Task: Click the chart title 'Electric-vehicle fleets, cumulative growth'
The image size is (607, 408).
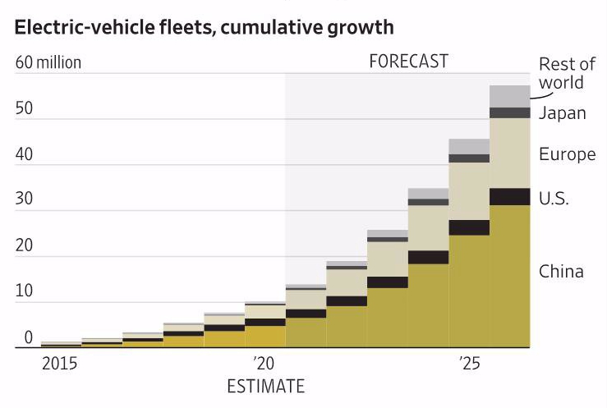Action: click(x=204, y=27)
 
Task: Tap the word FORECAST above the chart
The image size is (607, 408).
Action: click(x=408, y=62)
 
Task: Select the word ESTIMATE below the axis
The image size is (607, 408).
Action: click(x=264, y=385)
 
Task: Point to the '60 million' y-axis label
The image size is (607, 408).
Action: click(x=48, y=62)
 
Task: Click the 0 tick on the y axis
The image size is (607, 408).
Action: click(x=28, y=337)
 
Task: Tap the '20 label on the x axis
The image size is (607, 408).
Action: click(x=264, y=363)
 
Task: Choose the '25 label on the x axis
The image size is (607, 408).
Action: click(x=470, y=363)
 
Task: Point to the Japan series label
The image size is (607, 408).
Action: click(x=563, y=113)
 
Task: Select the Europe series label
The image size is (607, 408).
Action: click(x=567, y=154)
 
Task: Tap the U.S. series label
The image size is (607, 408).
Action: click(x=554, y=198)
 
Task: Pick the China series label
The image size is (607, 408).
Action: click(x=561, y=272)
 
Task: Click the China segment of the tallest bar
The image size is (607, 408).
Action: click(x=509, y=275)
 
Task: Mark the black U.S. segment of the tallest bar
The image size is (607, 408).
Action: click(x=509, y=196)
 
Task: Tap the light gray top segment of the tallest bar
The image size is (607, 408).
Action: click(x=509, y=96)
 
